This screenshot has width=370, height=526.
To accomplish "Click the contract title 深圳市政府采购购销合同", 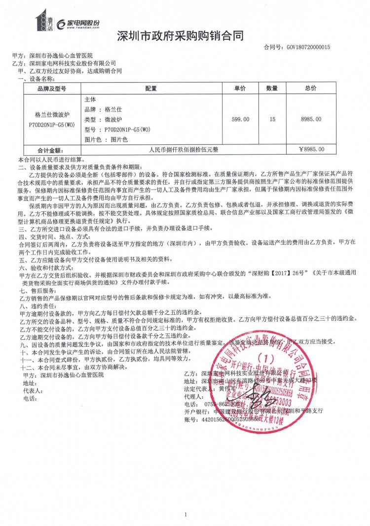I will click(x=181, y=35).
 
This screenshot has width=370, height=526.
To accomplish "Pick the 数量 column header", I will click(x=272, y=89).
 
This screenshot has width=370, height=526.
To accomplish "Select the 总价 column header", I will click(x=311, y=89).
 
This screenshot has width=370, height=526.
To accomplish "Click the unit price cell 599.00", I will click(x=240, y=119).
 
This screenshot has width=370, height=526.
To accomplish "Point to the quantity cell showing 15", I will click(x=272, y=119).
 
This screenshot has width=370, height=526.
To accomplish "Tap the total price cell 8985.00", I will click(x=311, y=119).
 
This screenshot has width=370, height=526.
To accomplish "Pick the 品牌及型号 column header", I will click(x=52, y=89).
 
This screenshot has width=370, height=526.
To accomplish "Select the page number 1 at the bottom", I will click(x=185, y=515).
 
